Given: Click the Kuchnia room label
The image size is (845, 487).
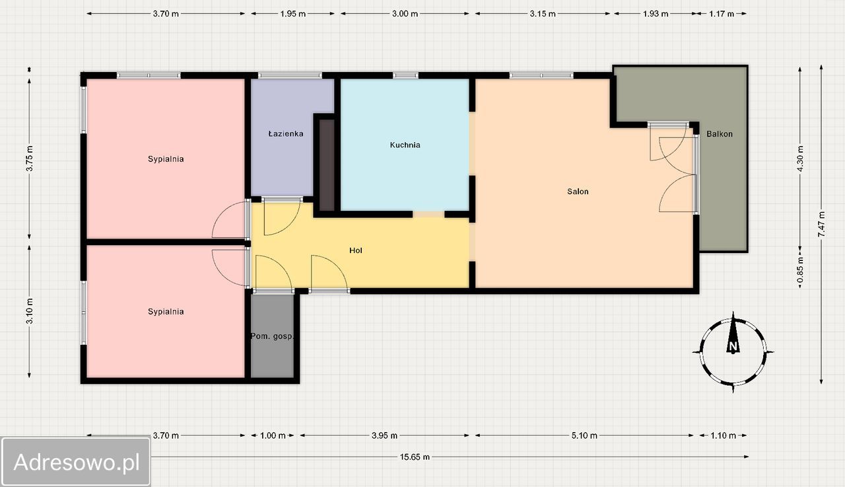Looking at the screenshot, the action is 405,145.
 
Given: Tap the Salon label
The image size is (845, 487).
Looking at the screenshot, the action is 578,192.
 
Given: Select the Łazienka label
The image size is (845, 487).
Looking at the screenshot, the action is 286,133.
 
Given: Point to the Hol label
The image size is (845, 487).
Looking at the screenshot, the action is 356,250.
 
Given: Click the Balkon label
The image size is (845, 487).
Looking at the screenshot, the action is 720,134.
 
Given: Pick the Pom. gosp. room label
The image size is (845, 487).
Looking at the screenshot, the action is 272,336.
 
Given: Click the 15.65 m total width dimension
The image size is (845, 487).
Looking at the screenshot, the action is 415,457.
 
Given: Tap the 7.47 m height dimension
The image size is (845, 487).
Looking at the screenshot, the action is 821,224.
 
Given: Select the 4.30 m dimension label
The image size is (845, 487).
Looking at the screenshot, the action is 800,159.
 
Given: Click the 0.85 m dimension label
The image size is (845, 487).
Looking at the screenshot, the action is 800,270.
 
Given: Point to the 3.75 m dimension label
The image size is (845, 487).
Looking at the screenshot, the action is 30,158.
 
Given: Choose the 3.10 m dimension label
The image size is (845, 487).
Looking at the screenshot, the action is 30,311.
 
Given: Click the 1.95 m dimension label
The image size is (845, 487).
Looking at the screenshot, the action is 292,14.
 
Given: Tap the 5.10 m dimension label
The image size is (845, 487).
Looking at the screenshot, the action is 584,435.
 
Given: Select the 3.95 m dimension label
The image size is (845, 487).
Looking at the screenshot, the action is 384,435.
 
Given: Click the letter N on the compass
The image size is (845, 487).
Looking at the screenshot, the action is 733,346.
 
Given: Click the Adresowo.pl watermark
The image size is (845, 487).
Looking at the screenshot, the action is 76,462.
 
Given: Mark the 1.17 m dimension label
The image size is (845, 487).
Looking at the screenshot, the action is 722,14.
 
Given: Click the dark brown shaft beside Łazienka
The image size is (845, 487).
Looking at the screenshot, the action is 327,165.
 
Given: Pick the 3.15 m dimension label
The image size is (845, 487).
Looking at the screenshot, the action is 543,14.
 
